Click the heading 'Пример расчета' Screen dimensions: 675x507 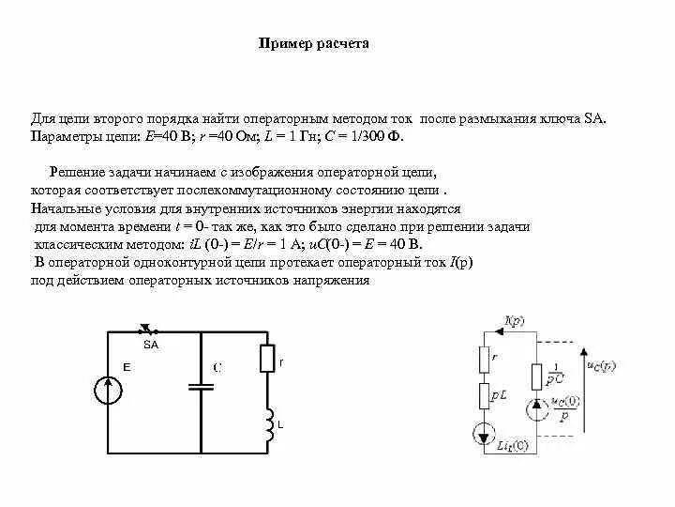coord(313,44)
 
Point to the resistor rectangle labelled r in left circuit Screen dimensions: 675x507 coord(269,358)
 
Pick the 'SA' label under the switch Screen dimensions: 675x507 coord(152,345)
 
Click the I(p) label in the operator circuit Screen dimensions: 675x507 coord(514,321)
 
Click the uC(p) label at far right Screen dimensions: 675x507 coord(600,365)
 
